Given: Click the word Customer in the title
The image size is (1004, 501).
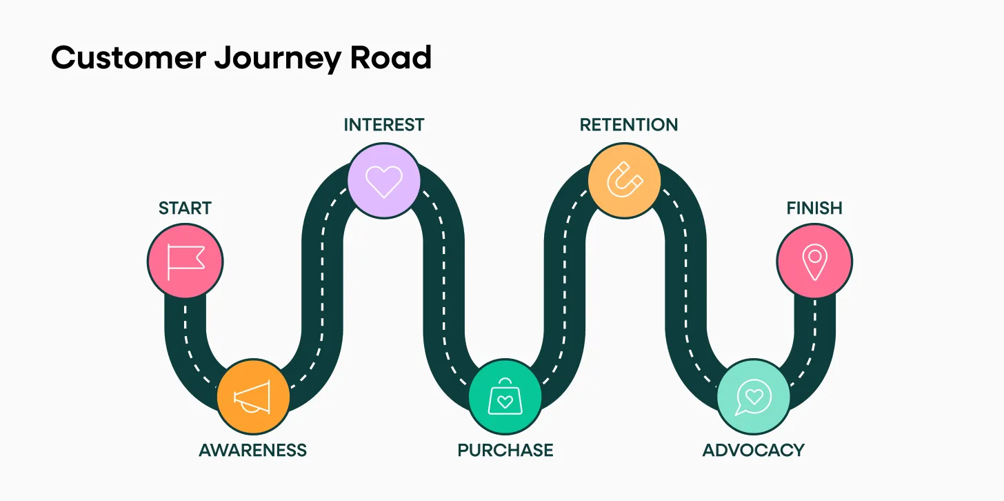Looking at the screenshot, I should click(x=128, y=57).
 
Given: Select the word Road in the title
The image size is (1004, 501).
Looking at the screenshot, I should click(x=391, y=57).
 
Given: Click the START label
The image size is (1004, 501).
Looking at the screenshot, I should click(x=185, y=208).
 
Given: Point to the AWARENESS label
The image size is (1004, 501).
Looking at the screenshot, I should click(x=252, y=451).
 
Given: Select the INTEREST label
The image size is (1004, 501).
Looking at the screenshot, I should click(x=384, y=125).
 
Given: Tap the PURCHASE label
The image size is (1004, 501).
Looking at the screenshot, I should click(x=505, y=451).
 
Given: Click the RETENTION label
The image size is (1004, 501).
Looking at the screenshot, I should click(x=629, y=125).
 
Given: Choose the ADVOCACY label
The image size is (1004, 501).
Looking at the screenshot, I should click(x=753, y=451).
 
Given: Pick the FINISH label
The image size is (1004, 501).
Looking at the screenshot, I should click(x=814, y=208).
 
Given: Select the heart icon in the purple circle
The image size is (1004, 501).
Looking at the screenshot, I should click(x=384, y=180).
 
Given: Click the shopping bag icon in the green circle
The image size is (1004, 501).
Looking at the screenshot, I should click(x=505, y=397).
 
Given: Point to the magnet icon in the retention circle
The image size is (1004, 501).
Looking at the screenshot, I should click(x=624, y=180).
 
